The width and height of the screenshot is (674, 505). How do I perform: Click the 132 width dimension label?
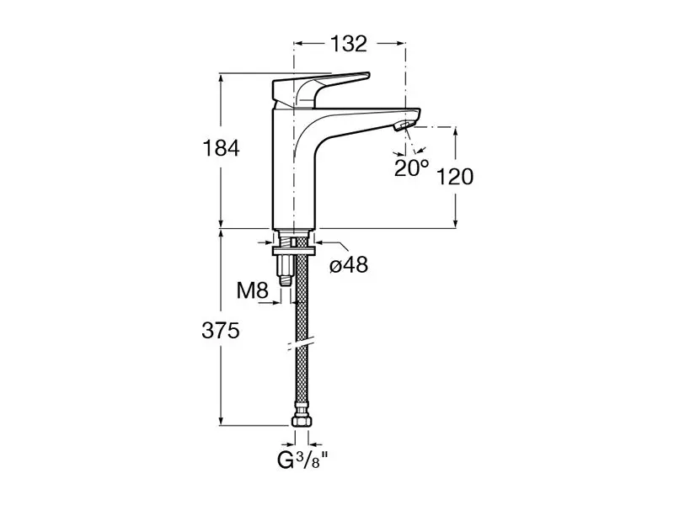click(349, 44)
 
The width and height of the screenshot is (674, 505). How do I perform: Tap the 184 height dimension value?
click(221, 149)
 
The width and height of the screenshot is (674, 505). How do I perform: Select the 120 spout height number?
click(455, 177)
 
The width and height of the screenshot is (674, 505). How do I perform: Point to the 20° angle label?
click(411, 167)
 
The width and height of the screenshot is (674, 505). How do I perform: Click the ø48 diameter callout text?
click(349, 264)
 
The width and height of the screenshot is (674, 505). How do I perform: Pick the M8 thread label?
click(253, 290)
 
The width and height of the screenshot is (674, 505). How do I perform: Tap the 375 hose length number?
click(221, 331)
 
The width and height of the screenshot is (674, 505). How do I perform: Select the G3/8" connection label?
click(302, 460)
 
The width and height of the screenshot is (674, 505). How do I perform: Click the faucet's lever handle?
click(319, 88)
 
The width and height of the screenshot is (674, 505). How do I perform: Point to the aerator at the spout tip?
click(404, 125)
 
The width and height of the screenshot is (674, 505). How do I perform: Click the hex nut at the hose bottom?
click(302, 420)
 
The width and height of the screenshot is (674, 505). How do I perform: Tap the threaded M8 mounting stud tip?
click(285, 281)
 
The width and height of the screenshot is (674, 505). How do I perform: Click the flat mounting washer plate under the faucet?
click(295, 250)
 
